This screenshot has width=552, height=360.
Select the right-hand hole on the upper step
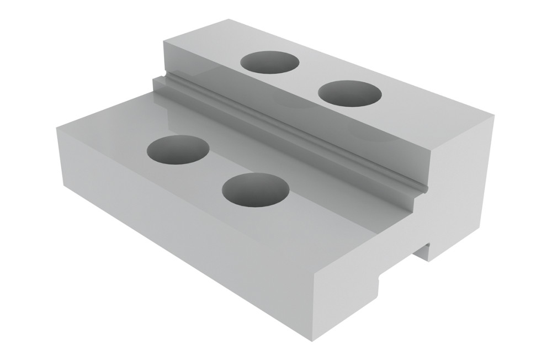click(351, 93)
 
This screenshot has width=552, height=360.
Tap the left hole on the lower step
click(178, 149)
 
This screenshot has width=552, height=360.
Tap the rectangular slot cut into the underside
click(422, 252)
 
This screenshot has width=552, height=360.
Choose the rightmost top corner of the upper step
click(493, 115)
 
